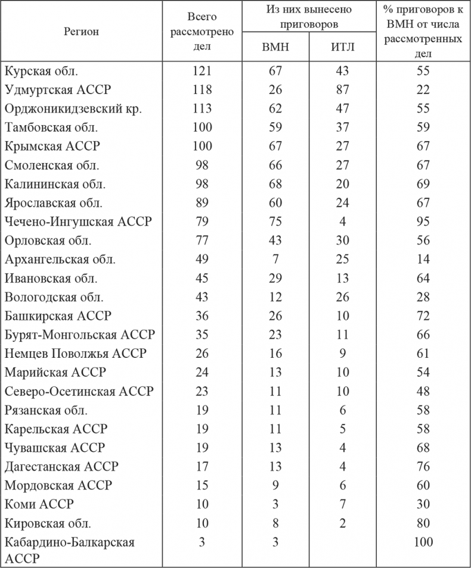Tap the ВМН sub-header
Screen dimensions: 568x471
(x=275, y=48)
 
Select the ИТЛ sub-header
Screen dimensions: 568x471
(x=342, y=48)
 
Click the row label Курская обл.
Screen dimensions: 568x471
(x=41, y=71)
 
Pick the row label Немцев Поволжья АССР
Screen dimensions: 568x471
(x=75, y=354)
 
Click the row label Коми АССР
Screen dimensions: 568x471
(x=39, y=504)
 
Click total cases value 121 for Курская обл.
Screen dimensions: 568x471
(x=203, y=71)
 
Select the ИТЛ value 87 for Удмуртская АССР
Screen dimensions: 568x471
(x=342, y=90)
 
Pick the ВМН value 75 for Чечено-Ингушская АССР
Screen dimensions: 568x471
(x=275, y=222)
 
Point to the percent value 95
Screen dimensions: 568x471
(x=424, y=222)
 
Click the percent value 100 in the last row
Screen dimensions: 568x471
(x=424, y=542)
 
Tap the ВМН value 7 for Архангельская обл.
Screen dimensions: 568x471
(x=275, y=260)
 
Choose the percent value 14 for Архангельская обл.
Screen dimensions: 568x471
(x=424, y=260)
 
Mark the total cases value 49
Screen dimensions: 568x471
(x=203, y=260)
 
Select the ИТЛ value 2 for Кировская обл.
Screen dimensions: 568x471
(x=342, y=523)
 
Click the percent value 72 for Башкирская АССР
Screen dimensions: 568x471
(x=424, y=316)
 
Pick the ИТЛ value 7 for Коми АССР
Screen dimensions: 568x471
(x=342, y=504)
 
